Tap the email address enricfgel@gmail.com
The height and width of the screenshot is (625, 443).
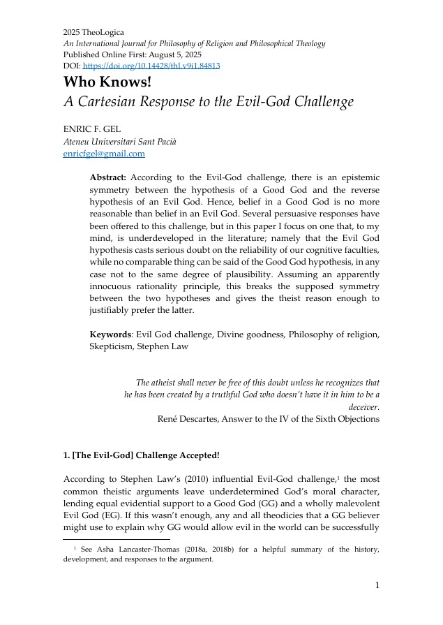tap(104, 154)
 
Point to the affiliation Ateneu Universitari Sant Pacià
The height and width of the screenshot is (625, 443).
tap(119, 142)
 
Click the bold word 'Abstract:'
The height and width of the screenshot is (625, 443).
tap(108, 178)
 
